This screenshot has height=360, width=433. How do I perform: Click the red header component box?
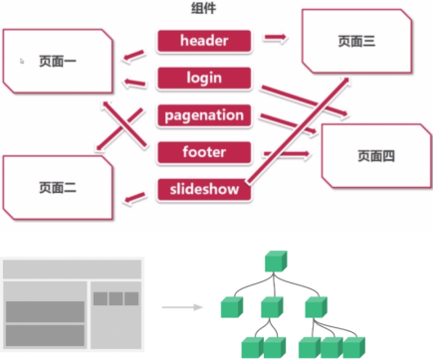(204, 41)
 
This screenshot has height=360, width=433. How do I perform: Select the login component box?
(204, 79)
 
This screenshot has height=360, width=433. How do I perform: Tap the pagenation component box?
(204, 115)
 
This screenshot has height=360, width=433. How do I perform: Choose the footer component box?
(204, 152)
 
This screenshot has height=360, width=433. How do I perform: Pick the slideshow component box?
(204, 190)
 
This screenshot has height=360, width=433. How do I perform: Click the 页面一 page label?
(58, 62)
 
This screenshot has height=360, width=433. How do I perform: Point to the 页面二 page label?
(58, 188)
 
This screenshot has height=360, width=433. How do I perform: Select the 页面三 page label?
(356, 41)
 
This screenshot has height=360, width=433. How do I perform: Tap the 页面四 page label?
(376, 156)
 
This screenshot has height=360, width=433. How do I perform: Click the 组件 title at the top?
(204, 8)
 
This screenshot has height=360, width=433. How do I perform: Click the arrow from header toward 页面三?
(275, 38)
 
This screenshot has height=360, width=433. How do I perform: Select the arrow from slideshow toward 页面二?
(134, 198)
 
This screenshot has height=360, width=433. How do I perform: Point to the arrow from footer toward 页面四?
(287, 154)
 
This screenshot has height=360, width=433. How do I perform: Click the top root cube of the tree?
(276, 262)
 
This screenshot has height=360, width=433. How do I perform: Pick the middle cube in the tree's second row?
(272, 307)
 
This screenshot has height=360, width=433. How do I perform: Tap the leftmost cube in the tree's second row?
(232, 307)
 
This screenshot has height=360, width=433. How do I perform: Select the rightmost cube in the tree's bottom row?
(353, 348)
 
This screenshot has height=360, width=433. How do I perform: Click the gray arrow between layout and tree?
(182, 307)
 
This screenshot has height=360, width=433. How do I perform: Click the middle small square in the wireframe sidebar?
(115, 298)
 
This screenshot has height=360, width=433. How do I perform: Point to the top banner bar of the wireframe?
(72, 270)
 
